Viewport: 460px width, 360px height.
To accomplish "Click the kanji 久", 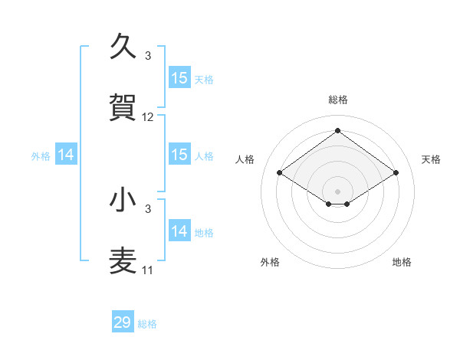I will (x=123, y=47).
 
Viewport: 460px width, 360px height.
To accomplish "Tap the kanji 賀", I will (x=123, y=108).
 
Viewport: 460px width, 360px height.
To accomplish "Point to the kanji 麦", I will (x=123, y=260).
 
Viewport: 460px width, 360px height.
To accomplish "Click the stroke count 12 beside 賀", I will (x=148, y=117).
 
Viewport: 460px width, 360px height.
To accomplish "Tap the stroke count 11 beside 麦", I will (x=148, y=270).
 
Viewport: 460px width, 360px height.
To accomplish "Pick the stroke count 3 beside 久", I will (x=148, y=56).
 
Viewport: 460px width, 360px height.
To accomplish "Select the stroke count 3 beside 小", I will (x=148, y=208).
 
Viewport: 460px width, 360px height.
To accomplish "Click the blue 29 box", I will (x=123, y=322).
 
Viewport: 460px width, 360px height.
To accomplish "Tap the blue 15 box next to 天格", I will (x=179, y=78).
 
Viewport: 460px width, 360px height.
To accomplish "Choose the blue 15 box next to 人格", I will (x=179, y=155).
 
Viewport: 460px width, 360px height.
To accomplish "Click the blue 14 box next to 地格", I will (x=179, y=231).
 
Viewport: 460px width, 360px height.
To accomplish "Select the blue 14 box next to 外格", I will (x=66, y=155).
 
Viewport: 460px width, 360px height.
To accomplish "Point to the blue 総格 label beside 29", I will (x=147, y=324).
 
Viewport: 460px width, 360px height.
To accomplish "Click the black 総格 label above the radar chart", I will (x=337, y=100).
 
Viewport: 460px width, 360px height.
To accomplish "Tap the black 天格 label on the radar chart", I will (x=431, y=159).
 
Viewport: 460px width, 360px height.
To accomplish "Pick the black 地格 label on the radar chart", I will (x=402, y=262).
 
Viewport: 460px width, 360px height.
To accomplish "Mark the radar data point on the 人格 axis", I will (x=280, y=173).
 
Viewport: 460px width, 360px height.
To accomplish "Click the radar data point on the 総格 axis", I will (x=337, y=131).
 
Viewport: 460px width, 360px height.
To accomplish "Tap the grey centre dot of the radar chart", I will (x=337, y=190).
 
